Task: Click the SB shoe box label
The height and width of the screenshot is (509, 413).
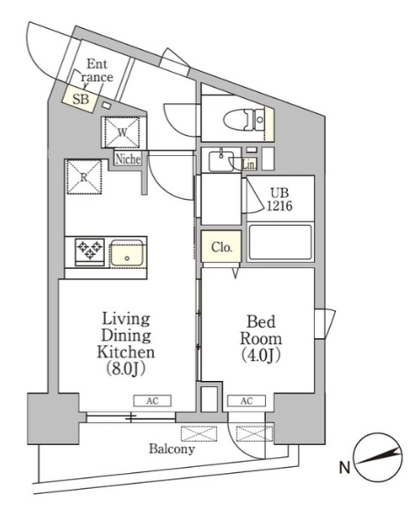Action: coord(80,99)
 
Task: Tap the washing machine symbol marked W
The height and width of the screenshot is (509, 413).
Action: coord(122,132)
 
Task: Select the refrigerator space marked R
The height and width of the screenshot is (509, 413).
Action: coord(84,177)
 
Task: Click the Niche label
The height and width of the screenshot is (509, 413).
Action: coord(129,159)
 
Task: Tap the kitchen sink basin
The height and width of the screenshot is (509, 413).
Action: coord(127,253)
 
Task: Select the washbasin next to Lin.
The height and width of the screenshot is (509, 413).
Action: coord(221,159)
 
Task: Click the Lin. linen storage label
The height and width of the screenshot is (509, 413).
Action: coord(249,165)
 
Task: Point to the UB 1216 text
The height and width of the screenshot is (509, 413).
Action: coord(279,200)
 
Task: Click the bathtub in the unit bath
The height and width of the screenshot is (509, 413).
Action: coord(280,242)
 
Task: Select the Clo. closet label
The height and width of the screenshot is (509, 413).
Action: coord(221,247)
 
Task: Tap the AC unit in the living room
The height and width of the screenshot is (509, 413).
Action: coord(152,401)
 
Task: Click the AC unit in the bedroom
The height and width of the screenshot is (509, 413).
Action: coord(247,401)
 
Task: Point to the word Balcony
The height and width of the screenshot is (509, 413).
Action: coord(171,449)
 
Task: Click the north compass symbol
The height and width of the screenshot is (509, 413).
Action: coord(378,457)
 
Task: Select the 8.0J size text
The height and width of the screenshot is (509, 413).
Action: coord(126,369)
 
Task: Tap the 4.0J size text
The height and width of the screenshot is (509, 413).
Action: coord(261,356)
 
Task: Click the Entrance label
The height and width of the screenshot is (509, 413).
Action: coord(97,70)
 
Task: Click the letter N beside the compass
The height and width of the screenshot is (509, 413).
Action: coord(345,468)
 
